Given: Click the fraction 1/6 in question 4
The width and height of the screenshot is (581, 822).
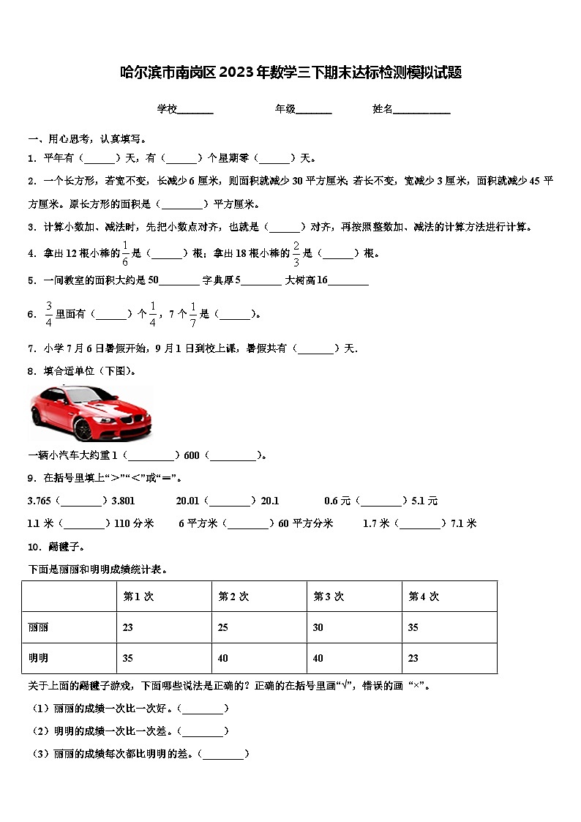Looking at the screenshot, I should pos(125,253).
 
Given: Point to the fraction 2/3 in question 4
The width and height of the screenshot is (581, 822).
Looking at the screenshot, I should pos(296,253).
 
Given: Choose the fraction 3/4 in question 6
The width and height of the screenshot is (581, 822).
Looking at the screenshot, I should pos(49,313).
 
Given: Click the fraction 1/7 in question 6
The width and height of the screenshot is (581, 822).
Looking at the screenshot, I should pos(193,313).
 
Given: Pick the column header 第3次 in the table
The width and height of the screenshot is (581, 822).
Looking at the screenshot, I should pos(329,597).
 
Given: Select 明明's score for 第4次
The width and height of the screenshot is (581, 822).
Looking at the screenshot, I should pos(413,659).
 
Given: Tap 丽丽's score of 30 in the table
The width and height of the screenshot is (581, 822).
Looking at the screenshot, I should pos(318,628).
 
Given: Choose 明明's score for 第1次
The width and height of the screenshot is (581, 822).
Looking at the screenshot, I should pos(128,659).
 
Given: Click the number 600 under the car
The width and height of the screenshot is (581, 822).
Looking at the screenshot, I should pos(192,455).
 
